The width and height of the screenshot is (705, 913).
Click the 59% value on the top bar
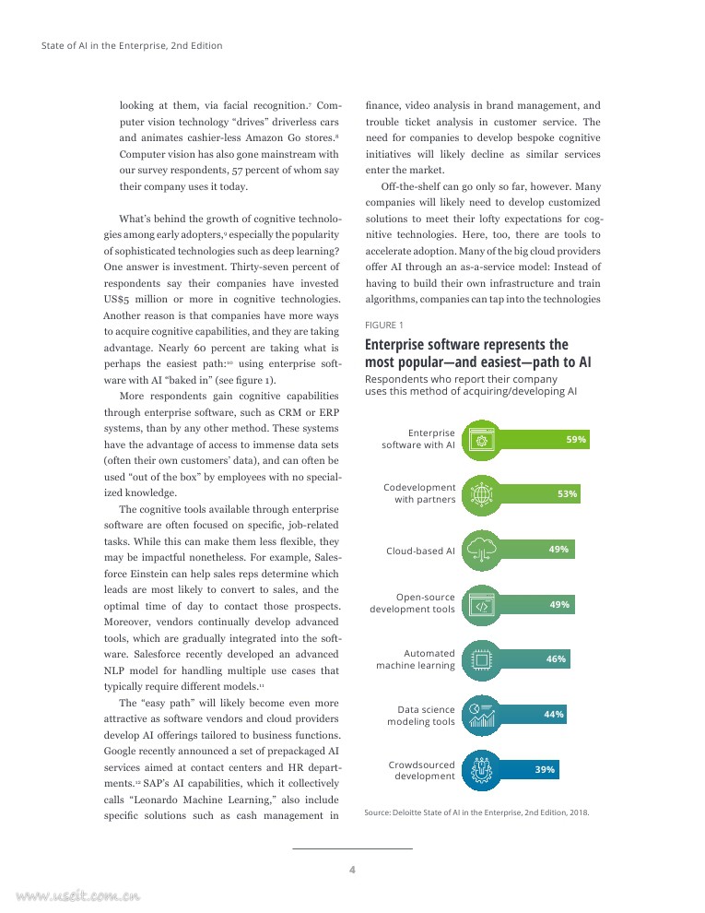pos(576,440)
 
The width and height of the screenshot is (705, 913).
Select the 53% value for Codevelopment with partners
pos(567,494)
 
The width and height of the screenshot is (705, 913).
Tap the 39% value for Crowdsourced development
pos(545,769)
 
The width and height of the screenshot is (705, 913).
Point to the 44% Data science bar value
pos(553,714)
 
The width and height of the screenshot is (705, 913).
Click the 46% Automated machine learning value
pos(556,659)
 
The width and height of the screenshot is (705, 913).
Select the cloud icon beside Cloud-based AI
pos(481,550)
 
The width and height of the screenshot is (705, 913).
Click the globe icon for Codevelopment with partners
pos(481,494)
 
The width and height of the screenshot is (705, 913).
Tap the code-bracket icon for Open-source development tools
pos(481,605)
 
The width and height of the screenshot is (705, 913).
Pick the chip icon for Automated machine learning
pos(481,659)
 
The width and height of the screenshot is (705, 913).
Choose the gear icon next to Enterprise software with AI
pos(481,440)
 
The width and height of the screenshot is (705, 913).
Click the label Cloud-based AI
pos(420,551)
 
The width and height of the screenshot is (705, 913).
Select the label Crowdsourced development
pos(421,770)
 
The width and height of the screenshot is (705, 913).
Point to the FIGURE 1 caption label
pos(384,325)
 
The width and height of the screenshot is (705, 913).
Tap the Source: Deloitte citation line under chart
pos(476,812)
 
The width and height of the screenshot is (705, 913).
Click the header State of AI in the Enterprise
pos(132,45)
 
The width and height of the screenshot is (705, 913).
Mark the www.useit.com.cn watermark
pos(77,894)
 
